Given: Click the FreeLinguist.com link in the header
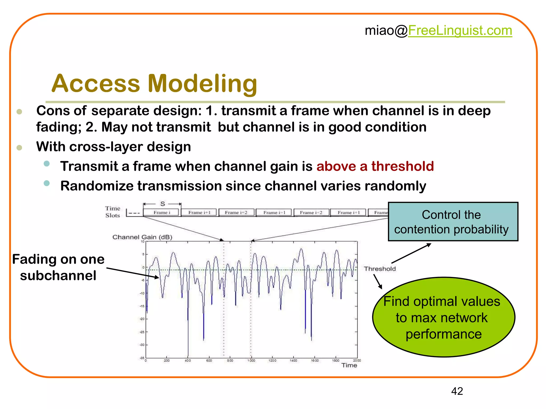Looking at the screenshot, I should [460, 30].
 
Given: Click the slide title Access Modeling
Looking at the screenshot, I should [154, 83].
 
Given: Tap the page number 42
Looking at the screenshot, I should [457, 391].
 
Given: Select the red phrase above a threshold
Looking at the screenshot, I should [375, 166].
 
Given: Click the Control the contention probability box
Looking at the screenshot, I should [453, 222].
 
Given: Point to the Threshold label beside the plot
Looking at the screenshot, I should [380, 269].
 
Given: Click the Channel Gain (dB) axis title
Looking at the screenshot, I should [142, 237].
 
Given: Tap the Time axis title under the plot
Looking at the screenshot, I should [349, 365].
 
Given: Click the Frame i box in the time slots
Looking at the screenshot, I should [162, 212].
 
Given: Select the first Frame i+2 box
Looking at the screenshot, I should [236, 212].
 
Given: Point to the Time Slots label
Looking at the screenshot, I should [112, 212].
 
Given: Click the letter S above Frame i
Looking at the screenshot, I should [162, 204].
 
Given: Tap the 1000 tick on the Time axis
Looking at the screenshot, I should [251, 361].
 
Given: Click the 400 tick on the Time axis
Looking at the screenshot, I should [188, 361].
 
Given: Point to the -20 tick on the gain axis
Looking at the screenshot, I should [142, 319].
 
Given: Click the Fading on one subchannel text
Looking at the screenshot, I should [58, 267].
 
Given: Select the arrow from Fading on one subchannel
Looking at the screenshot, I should [133, 273].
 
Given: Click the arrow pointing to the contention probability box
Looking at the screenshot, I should [411, 253].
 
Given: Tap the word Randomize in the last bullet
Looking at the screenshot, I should [97, 186].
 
